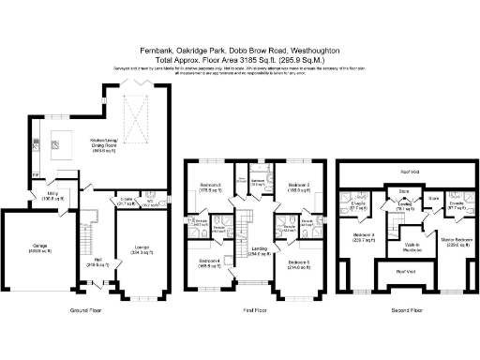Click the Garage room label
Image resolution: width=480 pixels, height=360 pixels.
[x=27, y=248]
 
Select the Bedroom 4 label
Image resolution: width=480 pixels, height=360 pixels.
[x=208, y=262]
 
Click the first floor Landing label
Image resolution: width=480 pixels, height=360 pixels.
[x=253, y=250]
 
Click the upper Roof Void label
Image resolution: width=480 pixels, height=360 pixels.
[x=407, y=172]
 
